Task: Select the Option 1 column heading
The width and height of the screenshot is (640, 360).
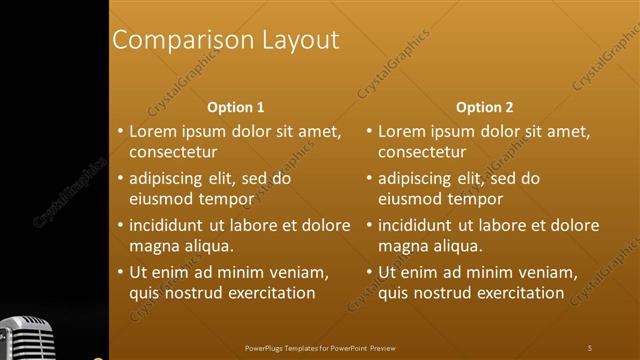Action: coord(236,107)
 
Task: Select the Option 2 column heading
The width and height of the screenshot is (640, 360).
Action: coord(485,107)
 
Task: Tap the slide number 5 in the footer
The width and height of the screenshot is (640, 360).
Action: coord(590,347)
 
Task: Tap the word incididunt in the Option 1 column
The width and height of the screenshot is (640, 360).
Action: coord(167,225)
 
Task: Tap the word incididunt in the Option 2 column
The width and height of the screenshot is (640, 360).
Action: coord(416,225)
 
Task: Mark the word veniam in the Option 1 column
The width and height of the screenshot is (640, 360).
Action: coord(299,272)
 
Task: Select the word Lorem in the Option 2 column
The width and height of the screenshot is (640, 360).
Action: coord(401,131)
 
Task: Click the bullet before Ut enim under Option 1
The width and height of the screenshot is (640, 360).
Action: coord(120,272)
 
